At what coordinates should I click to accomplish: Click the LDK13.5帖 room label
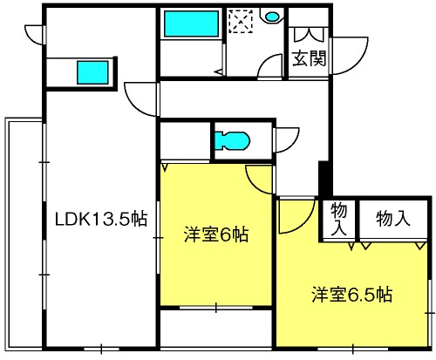(101, 219)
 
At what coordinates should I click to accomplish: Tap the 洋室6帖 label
(216, 234)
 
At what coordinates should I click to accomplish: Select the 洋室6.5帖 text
(352, 295)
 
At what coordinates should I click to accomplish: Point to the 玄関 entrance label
(309, 58)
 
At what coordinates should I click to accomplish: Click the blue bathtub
(192, 24)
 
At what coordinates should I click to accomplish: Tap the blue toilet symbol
(232, 141)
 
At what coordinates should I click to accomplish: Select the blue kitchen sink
(92, 72)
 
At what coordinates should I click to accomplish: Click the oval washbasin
(272, 17)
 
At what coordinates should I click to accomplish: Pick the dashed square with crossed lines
(241, 22)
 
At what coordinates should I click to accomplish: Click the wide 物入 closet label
(393, 219)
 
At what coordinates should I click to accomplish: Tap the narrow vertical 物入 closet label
(339, 219)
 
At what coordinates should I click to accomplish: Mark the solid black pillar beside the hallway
(325, 179)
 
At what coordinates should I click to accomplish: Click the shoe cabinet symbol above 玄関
(309, 35)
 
